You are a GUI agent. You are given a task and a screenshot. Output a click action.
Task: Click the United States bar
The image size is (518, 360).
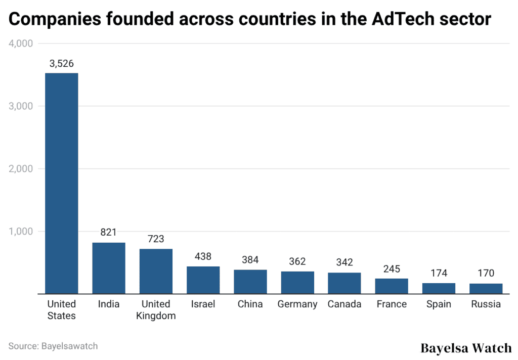point(62,183)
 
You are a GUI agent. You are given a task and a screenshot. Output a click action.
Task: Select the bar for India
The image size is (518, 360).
point(109,268)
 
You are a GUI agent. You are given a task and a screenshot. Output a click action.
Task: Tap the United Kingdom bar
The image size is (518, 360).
point(156,271)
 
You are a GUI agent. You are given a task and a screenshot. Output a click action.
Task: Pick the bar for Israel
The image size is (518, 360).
point(203,280)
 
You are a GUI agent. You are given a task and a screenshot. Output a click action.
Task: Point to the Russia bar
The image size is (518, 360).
point(486,289)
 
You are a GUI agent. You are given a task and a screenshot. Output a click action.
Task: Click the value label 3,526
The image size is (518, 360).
point(62,64)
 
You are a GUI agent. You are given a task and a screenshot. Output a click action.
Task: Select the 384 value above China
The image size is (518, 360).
point(250,260)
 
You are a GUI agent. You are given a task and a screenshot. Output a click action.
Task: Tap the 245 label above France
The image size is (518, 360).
point(392,268)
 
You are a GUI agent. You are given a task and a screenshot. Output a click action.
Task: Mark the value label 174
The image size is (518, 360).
point(439,273)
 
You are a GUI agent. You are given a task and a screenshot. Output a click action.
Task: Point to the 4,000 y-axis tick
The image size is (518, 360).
point(21,43)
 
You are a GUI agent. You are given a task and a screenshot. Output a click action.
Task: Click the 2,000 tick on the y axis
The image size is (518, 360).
point(21,169)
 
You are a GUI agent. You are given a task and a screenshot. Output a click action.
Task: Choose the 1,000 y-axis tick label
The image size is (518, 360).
point(21,232)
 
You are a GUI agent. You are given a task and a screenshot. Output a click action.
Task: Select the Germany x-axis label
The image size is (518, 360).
point(297,304)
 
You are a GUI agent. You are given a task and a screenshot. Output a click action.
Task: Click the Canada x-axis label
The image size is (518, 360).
point(344,304)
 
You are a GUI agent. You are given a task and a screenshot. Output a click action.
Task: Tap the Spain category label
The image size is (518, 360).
point(439,304)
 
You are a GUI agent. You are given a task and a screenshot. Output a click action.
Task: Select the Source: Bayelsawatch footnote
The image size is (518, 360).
point(53,346)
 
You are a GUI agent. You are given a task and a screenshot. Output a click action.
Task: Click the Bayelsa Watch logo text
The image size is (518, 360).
point(466,348)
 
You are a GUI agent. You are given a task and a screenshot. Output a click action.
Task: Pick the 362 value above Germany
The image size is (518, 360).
point(297,261)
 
